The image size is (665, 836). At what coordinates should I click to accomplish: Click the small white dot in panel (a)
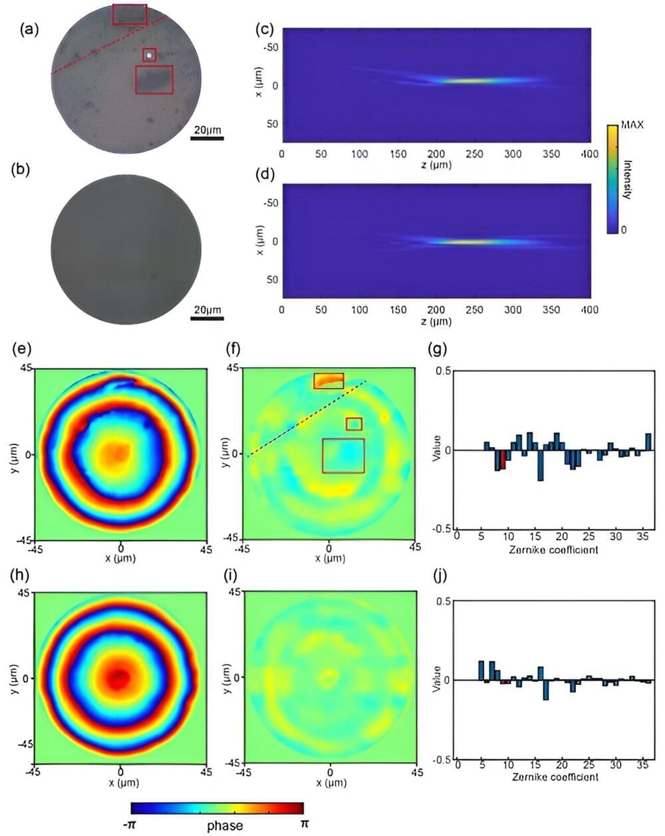[150, 55]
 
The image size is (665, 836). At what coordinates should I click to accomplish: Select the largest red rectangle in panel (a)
[154, 79]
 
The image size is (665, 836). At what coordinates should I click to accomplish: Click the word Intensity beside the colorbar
[626, 178]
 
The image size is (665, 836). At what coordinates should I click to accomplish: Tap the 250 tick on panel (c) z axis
[475, 154]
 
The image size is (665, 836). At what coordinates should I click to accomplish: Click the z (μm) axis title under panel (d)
[436, 321]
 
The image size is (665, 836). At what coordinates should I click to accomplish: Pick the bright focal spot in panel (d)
[465, 241]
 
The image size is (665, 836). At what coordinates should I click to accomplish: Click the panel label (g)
[439, 347]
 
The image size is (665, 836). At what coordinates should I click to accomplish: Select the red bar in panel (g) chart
[503, 460]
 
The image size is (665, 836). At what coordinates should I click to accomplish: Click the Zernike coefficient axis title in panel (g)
[553, 550]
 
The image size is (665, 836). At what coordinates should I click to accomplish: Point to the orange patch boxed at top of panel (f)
[329, 381]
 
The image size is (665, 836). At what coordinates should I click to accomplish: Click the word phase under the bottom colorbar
[225, 826]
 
